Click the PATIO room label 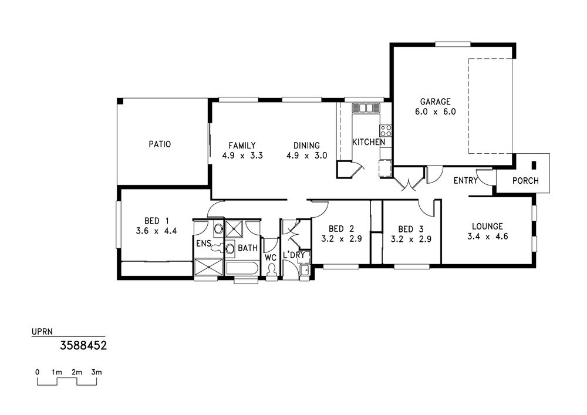tap(160, 144)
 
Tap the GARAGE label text tap(436, 102)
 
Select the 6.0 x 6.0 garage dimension tap(436, 112)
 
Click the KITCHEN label tap(369, 142)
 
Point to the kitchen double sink tap(366, 108)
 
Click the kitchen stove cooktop tap(386, 130)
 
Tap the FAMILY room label tap(242, 145)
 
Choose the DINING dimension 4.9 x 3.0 tap(306, 156)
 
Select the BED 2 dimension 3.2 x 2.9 tap(342, 239)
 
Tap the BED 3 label tap(411, 229)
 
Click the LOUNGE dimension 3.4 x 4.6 tap(487, 237)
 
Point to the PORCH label tap(525, 181)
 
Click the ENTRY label tap(465, 181)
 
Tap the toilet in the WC tap(272, 270)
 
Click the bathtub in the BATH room tap(242, 269)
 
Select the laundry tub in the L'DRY tap(305, 270)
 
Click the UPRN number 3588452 tap(83, 345)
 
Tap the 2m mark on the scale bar tap(77, 372)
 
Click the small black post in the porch tap(534, 165)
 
